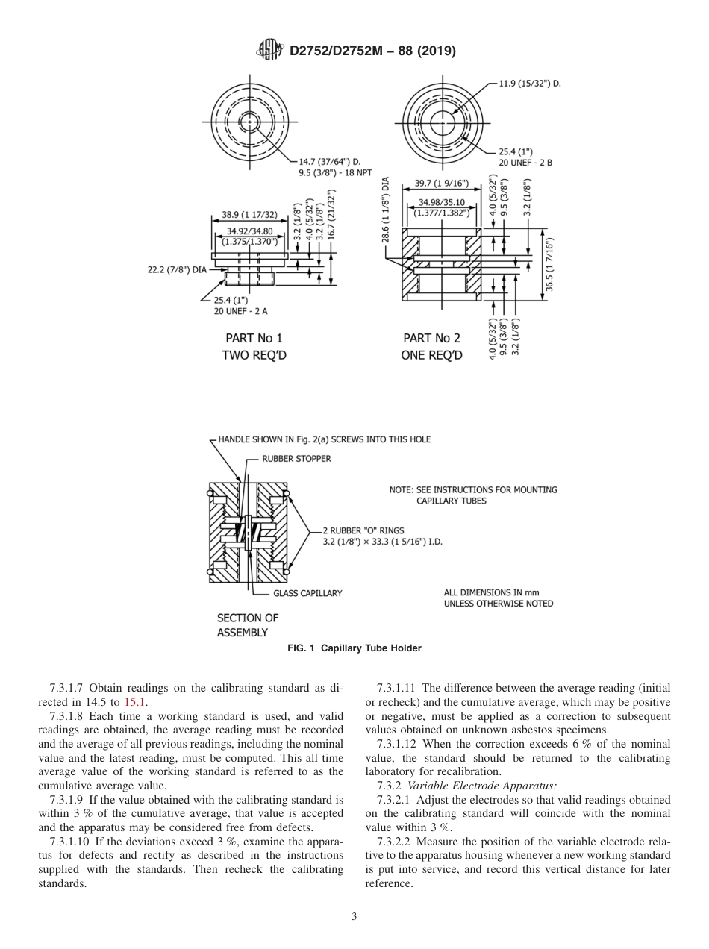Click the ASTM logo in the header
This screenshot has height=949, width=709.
(269, 50)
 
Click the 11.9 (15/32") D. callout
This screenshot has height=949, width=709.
(529, 84)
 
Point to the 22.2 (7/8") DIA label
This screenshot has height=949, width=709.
(176, 269)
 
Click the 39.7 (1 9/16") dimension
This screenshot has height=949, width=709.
(441, 183)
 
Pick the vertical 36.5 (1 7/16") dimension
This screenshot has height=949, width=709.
(550, 265)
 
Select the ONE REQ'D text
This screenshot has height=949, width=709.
(431, 355)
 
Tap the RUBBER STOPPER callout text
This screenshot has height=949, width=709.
(297, 459)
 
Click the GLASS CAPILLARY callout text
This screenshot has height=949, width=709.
(307, 593)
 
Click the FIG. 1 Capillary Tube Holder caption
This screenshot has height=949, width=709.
(354, 648)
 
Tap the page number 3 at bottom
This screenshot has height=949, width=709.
(354, 917)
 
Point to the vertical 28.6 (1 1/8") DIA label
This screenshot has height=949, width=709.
(386, 210)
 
